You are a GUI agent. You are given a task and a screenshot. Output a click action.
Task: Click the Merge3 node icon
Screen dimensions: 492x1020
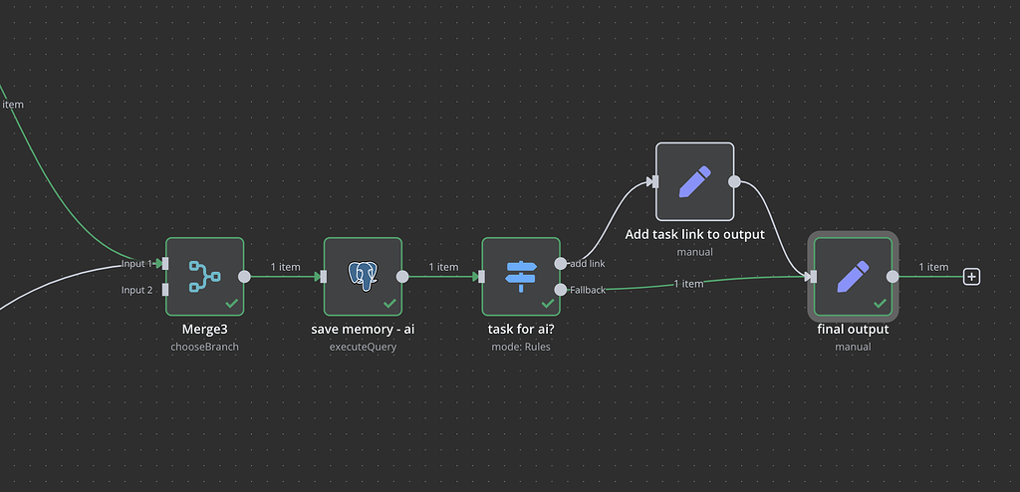click(x=204, y=275)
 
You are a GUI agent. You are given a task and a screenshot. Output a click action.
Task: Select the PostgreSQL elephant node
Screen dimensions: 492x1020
click(x=363, y=276)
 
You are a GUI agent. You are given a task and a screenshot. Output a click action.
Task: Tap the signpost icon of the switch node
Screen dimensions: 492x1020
click(x=521, y=276)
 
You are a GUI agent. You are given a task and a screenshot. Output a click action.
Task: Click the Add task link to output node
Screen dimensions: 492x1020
click(x=694, y=181)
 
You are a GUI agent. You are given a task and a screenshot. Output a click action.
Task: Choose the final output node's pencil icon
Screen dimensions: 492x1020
click(x=853, y=276)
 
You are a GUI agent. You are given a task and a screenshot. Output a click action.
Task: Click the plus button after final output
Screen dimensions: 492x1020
click(x=972, y=277)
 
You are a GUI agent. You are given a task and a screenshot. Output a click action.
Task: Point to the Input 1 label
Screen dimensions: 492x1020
click(x=137, y=264)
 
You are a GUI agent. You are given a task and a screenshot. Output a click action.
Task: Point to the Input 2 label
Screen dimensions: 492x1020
click(x=137, y=290)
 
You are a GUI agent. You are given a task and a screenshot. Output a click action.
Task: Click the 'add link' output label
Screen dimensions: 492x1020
click(x=588, y=264)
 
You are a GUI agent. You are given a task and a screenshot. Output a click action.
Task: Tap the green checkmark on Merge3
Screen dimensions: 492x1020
click(x=232, y=303)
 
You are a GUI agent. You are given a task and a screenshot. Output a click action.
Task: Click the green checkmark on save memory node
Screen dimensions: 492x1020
click(x=389, y=303)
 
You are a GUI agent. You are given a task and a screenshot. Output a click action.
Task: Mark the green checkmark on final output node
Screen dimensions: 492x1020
click(x=881, y=303)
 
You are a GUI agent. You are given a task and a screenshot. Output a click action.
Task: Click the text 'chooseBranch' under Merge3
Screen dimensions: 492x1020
click(x=204, y=347)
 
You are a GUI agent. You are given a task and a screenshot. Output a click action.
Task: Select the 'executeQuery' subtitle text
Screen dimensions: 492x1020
click(x=363, y=347)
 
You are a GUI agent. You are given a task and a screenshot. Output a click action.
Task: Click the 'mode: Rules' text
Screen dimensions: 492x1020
click(x=521, y=347)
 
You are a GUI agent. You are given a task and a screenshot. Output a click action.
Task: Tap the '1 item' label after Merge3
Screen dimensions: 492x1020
click(x=285, y=267)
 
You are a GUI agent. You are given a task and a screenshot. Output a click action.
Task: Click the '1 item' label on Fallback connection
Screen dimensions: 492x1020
click(x=688, y=284)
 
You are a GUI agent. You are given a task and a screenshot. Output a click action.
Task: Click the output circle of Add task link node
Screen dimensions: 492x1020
click(x=734, y=181)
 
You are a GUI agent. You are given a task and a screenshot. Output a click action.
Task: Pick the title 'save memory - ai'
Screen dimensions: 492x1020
click(x=363, y=329)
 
